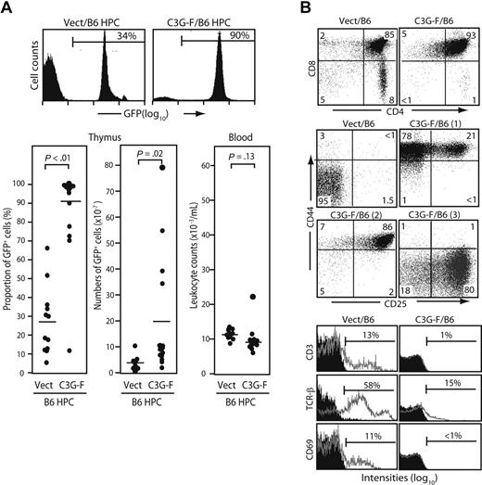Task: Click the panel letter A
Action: [x=8, y=8]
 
